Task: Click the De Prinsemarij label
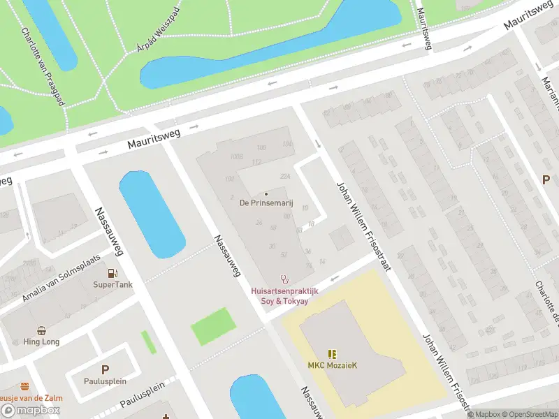point(266,203)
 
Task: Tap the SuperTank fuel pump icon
point(112,274)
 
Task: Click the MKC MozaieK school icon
point(332,354)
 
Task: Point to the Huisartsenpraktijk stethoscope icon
point(284,279)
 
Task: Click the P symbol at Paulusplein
point(106,369)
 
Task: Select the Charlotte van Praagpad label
point(42,67)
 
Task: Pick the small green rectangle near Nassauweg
point(213,326)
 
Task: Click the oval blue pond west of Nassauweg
point(152,214)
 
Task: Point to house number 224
point(284,176)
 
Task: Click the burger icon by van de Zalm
point(25,386)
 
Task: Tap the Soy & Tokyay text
point(285,300)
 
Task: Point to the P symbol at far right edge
point(546,179)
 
